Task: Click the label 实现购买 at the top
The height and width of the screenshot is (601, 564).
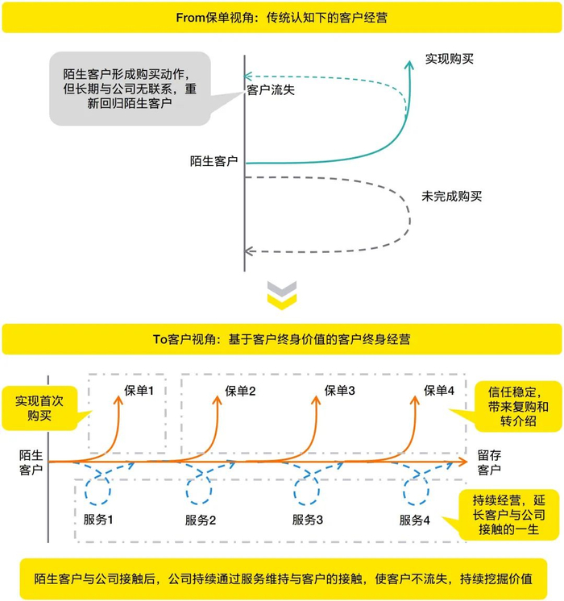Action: click(450, 59)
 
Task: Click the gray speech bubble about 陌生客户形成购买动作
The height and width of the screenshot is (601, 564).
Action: click(129, 89)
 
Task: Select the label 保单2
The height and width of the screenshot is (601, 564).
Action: click(240, 392)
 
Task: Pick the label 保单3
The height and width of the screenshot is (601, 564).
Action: click(340, 391)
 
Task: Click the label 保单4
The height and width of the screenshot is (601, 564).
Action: click(439, 392)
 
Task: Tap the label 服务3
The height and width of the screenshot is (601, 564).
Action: click(307, 520)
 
